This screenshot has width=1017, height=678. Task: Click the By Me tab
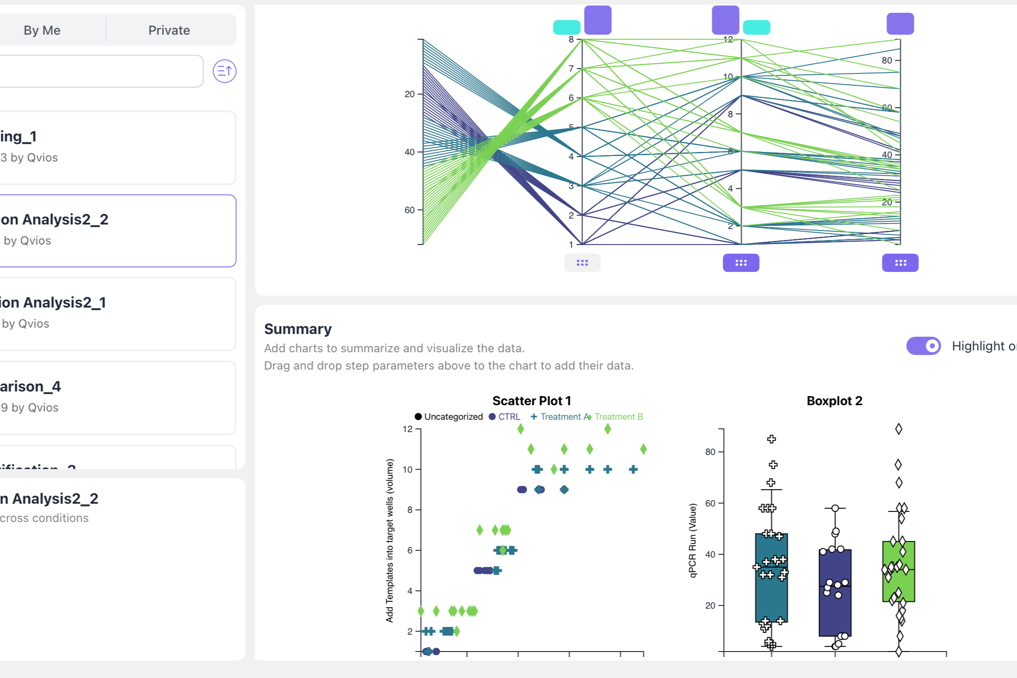(x=42, y=30)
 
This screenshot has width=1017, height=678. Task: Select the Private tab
(x=169, y=30)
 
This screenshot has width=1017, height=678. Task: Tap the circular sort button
(x=224, y=71)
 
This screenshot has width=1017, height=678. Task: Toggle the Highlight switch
(x=923, y=346)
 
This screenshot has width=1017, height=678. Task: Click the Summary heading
(x=297, y=329)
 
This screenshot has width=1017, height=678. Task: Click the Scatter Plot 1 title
(x=532, y=401)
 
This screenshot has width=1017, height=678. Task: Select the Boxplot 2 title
(x=834, y=401)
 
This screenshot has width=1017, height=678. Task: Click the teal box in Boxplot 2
(x=771, y=593)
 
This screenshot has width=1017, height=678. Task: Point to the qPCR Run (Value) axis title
(x=693, y=540)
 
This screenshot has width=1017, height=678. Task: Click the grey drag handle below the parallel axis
(x=582, y=263)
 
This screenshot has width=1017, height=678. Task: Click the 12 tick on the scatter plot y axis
(x=407, y=429)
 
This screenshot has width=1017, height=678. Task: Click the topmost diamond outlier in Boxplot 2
(x=898, y=429)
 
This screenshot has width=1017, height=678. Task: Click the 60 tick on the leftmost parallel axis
(x=409, y=210)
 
